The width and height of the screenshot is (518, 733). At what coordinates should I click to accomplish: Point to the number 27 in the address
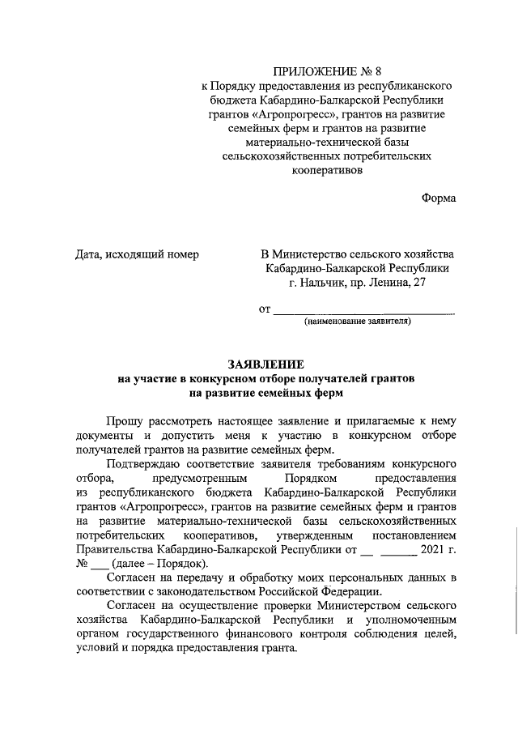click(418, 283)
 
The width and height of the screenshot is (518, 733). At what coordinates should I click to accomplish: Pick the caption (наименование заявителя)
click(358, 322)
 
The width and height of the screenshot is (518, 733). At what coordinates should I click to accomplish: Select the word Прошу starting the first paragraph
click(125, 421)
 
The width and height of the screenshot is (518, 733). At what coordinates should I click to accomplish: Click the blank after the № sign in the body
click(98, 565)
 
